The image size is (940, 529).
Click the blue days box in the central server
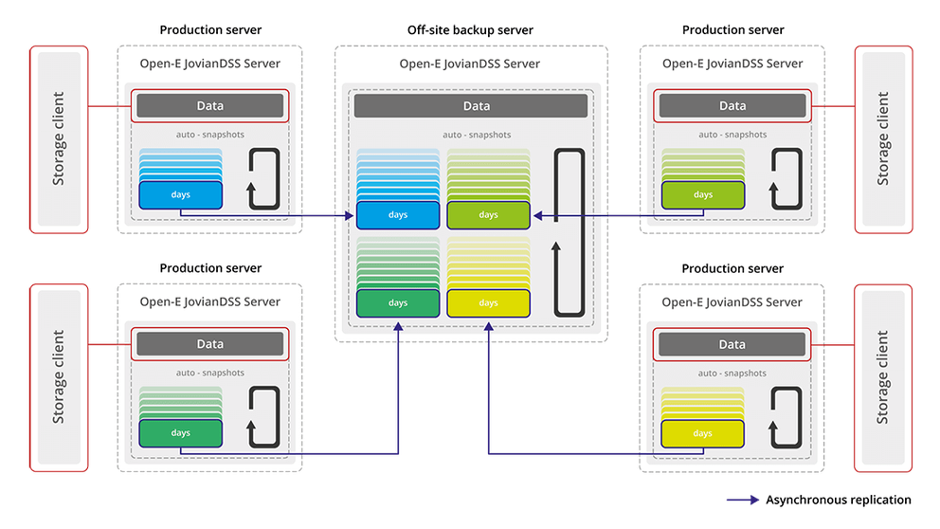(398, 215)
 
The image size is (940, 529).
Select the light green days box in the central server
(488, 215)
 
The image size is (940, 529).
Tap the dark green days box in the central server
(398, 303)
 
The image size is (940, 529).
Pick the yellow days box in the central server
(488, 303)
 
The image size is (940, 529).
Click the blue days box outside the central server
(180, 195)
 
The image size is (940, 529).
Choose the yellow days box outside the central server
(702, 434)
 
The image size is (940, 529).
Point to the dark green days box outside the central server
(180, 434)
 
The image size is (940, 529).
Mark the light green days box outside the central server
(702, 195)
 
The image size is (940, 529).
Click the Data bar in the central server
(471, 106)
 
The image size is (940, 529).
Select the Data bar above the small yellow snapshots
(732, 345)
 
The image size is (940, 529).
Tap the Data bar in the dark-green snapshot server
(209, 344)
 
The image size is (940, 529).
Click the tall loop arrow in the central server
(567, 232)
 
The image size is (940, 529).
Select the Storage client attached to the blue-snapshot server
(59, 138)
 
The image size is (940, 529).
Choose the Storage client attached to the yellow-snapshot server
(883, 376)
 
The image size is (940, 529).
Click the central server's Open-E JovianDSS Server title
(470, 64)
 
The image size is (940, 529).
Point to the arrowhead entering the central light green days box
(536, 216)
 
